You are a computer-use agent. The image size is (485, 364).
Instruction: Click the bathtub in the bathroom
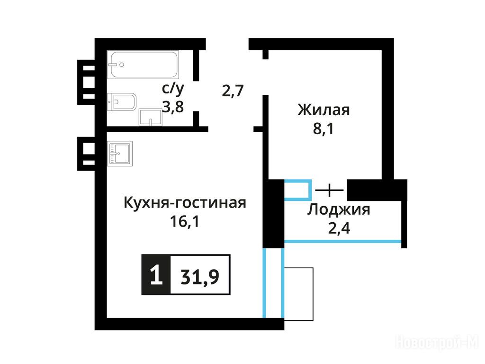coord(143,64)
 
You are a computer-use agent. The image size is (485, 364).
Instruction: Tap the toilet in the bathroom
coord(122,102)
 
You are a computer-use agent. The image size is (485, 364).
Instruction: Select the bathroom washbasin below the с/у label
coord(150,117)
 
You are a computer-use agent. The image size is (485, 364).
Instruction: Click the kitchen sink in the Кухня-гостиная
coord(120,153)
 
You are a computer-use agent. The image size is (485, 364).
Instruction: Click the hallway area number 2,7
coord(233,91)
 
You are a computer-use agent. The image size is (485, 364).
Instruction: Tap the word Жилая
coord(323,110)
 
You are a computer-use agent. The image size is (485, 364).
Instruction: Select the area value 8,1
coord(323,128)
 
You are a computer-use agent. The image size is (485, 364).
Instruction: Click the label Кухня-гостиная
coord(185,203)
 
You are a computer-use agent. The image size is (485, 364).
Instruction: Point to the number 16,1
coord(185,222)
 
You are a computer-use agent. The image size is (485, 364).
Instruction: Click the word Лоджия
coord(338,209)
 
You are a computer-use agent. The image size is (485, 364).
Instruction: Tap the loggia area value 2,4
coord(339,228)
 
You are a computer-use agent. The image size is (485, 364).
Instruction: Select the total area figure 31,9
coord(200,276)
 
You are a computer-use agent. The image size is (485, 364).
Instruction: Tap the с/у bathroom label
coord(173,89)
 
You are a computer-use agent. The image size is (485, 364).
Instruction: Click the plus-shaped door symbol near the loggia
coord(330,190)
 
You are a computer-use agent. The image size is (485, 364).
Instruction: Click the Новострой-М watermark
coord(437,343)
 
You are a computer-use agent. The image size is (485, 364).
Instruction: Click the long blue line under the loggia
coord(343,241)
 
